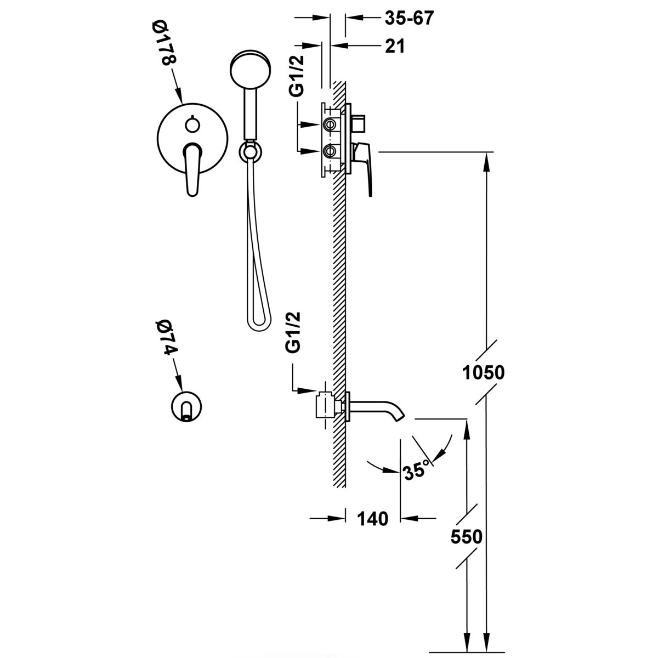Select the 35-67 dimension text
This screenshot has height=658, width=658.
click(409, 19)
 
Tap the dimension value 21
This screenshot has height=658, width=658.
click(394, 47)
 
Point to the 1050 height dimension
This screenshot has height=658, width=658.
click(483, 373)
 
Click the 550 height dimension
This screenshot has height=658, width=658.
click(466, 537)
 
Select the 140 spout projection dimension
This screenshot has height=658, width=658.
click(373, 518)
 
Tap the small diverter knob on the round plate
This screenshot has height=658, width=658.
click(191, 125)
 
